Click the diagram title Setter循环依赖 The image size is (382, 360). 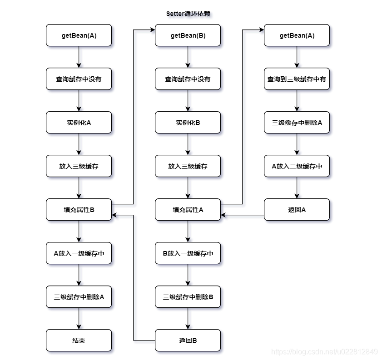point(188,14)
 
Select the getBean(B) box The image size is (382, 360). point(188,35)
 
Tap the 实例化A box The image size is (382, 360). point(79,123)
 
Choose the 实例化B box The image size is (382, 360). point(188,123)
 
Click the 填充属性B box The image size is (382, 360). point(79,210)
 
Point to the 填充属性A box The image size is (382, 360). point(188,210)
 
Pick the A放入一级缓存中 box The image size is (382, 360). point(79,253)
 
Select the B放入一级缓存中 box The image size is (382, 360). point(188,253)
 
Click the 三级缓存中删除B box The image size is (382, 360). point(188,297)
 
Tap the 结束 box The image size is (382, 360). point(79,340)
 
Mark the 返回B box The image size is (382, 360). point(188,340)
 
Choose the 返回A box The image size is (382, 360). point(297,210)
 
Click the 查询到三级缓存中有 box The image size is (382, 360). point(297,79)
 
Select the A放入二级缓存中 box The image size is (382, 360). point(297,166)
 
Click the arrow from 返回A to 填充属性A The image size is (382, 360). point(243,215)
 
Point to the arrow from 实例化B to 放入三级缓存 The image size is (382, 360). point(188,144)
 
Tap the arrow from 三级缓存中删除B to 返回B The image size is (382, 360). point(188,319)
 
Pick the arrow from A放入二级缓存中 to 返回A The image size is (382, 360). point(297,188)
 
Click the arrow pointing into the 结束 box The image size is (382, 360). point(79,319)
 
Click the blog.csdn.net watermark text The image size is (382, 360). point(324,352)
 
